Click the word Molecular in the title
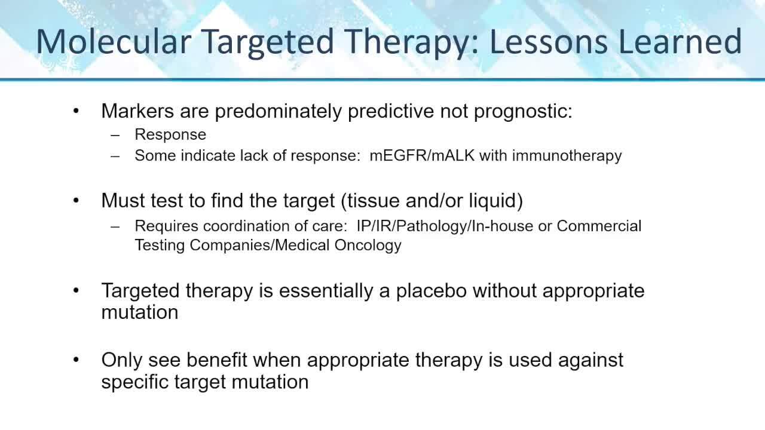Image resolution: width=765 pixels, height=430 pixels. coord(114,42)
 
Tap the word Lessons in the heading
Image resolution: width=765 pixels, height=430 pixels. coord(549,42)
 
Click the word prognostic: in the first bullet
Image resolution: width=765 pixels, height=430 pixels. coord(523,112)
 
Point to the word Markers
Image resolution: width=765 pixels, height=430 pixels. coord(137,111)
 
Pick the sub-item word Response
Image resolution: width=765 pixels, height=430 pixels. coord(170,135)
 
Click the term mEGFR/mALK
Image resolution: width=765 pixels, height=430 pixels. coord(422,156)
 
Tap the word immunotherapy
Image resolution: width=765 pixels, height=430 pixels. coord(567,156)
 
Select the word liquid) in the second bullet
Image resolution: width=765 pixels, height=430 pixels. coord(496,201)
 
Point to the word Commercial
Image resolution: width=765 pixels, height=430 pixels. coord(599,226)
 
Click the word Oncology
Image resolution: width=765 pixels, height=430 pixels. coord(368,245)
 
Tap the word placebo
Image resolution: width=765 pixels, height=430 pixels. coord(432,291)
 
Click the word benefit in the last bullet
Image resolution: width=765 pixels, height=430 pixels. coord(216,360)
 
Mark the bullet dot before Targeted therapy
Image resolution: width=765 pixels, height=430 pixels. coord(76,291)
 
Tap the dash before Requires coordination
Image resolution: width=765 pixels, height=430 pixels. coord(115,226)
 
